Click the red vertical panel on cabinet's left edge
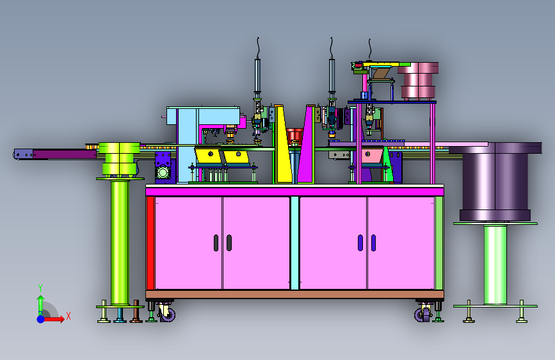[150, 243]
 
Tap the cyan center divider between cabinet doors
[294, 243]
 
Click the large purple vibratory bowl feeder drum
[495, 181]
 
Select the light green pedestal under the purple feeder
[495, 265]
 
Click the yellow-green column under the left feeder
[120, 242]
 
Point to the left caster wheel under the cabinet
[167, 313]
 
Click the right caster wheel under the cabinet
[422, 314]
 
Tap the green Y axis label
[40, 288]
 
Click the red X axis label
[68, 316]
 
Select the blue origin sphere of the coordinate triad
[41, 319]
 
